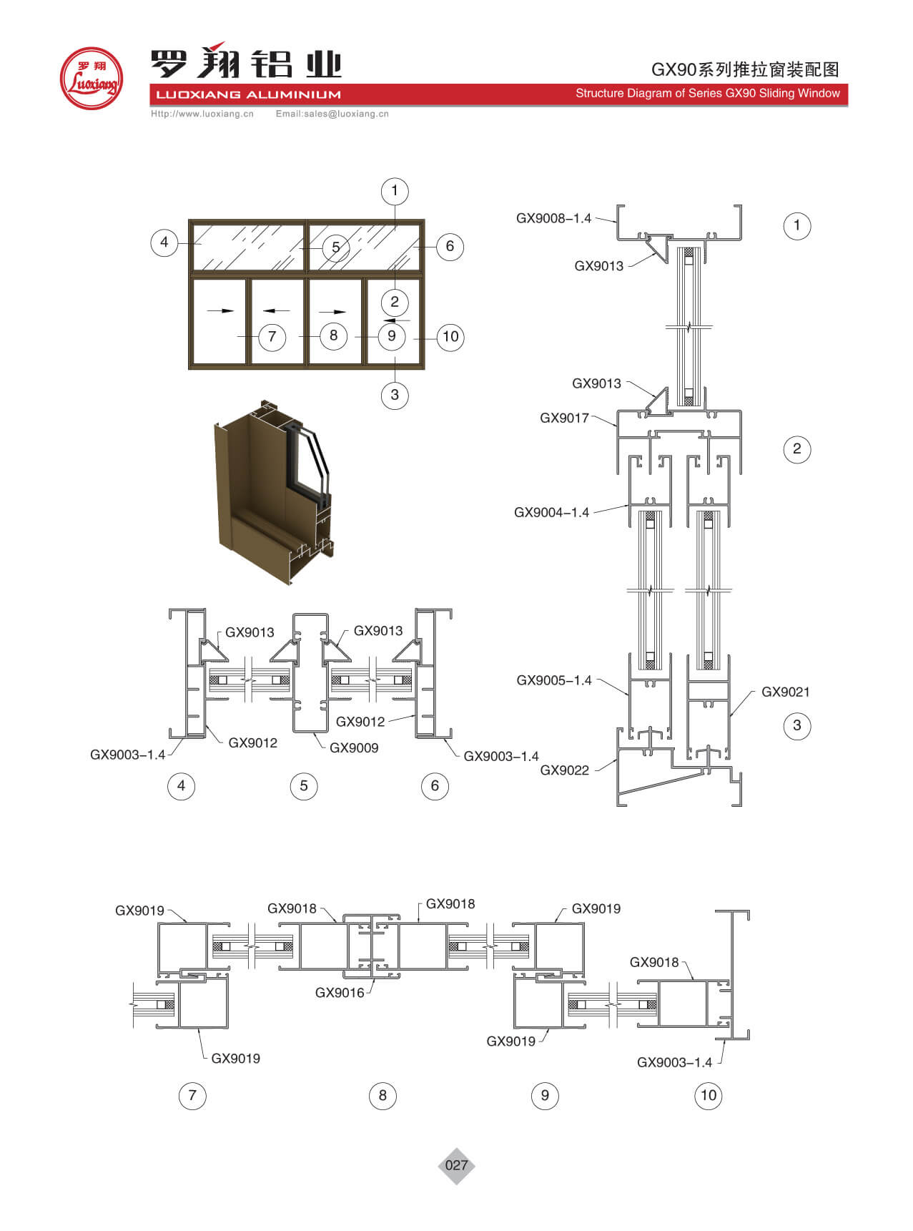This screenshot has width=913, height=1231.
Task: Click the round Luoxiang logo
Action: coord(91,79)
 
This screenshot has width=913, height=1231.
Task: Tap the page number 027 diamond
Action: coord(456,1165)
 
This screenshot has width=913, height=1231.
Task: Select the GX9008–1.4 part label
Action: coord(553,218)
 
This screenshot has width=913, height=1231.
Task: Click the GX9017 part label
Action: coord(564,418)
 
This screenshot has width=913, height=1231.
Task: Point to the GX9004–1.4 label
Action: coord(551,512)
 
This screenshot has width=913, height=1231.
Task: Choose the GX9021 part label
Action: coord(785,692)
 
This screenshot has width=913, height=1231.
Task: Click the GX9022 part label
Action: coord(564,770)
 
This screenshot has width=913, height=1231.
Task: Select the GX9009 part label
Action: coord(354,747)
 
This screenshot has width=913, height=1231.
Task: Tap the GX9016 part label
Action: coord(340,992)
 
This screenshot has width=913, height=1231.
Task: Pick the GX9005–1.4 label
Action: coord(554,680)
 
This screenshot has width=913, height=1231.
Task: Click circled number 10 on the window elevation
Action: coord(450,336)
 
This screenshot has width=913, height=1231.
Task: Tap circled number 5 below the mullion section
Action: coord(304,786)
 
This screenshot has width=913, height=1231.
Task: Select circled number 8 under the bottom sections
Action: coord(383,1095)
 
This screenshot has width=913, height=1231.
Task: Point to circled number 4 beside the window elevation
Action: coord(164,242)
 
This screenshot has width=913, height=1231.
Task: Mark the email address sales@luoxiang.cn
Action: coord(332,114)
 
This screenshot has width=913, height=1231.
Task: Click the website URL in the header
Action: coord(202,114)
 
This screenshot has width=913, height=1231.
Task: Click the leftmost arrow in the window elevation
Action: coord(220,310)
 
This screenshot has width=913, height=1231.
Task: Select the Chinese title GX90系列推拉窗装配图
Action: coord(744,69)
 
